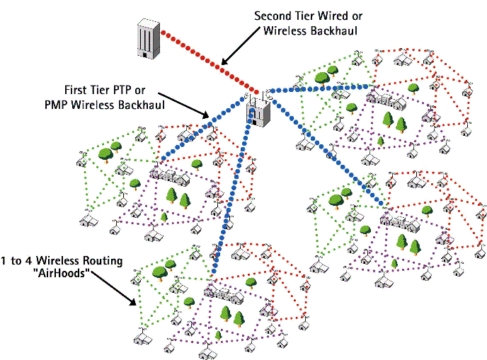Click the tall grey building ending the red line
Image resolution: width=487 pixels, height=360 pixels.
148,39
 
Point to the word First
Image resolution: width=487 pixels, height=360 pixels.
76,91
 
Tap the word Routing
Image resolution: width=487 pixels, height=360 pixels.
102,261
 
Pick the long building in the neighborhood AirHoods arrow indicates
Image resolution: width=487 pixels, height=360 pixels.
219,290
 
